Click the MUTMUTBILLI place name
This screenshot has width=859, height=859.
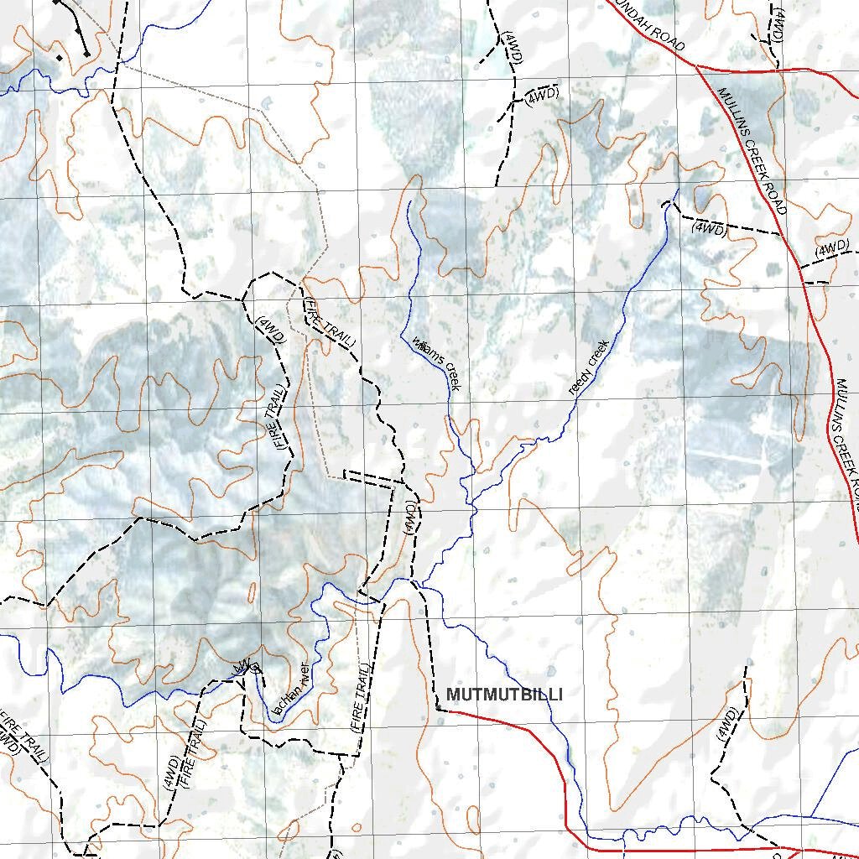[x=504, y=695]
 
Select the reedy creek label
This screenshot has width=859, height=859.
[x=587, y=367]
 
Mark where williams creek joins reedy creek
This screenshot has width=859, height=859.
[x=471, y=507]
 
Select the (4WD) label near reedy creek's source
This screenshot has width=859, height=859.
[x=709, y=227]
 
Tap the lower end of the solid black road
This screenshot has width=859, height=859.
[x=87, y=55]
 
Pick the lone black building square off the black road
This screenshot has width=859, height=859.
[x=59, y=58]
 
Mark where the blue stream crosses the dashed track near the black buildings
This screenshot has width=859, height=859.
[x=118, y=60]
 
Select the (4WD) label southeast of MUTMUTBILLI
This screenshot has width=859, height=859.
[x=726, y=724]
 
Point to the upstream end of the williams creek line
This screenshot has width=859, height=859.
[x=409, y=201]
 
